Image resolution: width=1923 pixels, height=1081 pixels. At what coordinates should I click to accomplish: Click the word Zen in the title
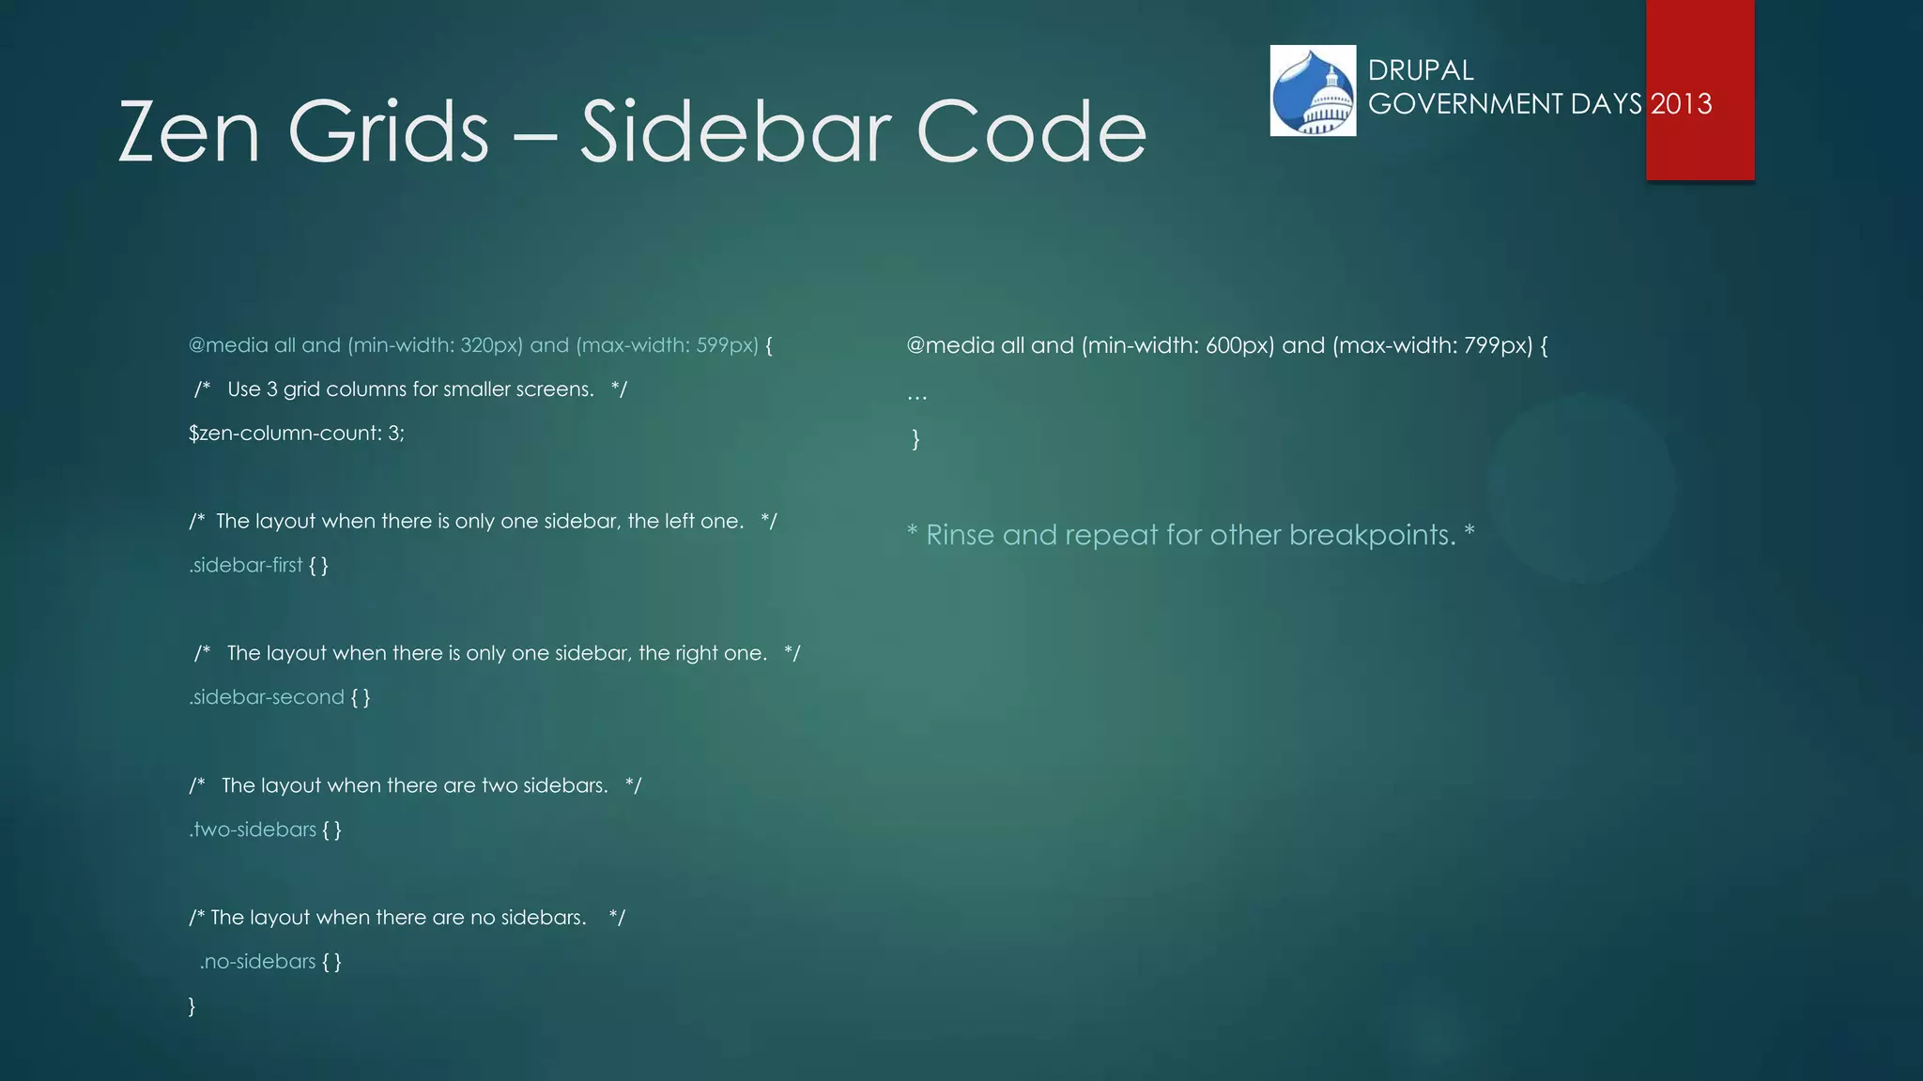tap(189, 132)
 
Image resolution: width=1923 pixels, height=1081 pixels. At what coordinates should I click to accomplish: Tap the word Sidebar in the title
tap(734, 132)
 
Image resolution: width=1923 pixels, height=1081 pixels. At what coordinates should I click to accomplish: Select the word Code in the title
tap(1031, 132)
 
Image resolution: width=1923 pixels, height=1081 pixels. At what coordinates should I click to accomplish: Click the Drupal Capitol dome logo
tap(1313, 91)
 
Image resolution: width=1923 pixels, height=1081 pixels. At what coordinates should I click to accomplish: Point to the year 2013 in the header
tap(1681, 103)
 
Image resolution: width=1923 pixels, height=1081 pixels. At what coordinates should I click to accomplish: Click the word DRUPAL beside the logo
tap(1421, 70)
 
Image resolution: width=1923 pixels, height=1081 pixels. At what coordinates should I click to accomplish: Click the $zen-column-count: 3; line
tap(297, 434)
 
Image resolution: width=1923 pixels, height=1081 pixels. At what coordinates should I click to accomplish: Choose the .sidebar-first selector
tap(246, 565)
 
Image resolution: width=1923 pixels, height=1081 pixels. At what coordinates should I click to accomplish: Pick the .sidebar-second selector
tap(267, 697)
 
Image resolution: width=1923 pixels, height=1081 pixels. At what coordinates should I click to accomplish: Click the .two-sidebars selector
tap(253, 830)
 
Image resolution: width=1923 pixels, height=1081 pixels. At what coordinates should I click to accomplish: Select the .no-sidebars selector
tap(257, 962)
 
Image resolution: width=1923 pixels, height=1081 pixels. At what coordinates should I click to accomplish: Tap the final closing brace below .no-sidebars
tap(192, 1006)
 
